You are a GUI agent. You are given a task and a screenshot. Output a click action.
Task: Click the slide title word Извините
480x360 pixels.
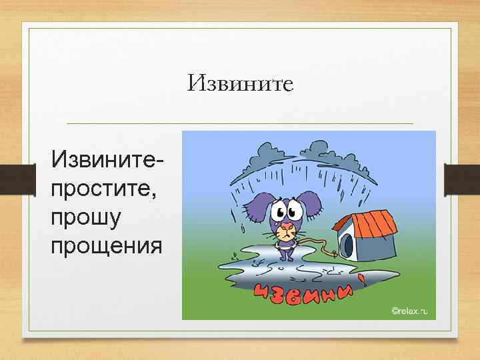pos(241,83)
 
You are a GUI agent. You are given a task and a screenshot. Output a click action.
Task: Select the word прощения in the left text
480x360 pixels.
pos(105,246)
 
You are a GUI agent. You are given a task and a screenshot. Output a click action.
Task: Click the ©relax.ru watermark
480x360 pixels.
pos(409,311)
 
